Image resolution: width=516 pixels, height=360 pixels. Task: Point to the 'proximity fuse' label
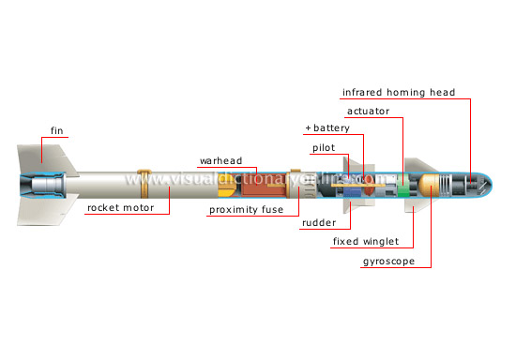point(246,210)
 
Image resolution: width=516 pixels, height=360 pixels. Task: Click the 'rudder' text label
point(318,224)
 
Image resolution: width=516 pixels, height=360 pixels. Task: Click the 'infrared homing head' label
point(397,92)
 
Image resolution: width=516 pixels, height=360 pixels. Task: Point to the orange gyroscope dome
point(430,186)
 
